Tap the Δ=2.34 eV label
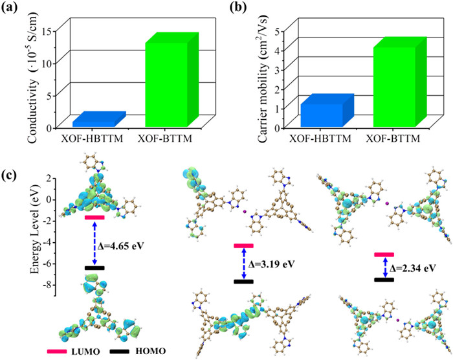(x=415, y=266)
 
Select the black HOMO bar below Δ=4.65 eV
(x=94, y=267)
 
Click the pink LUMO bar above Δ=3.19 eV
(x=243, y=246)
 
